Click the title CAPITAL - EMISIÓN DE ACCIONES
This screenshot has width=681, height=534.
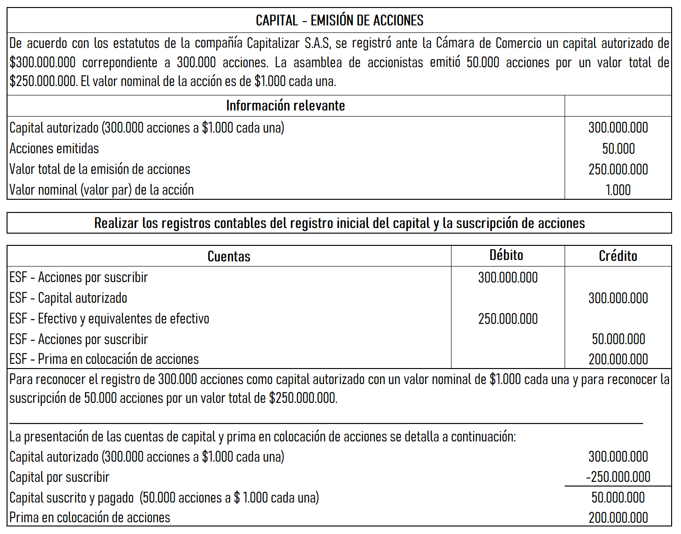[339, 20]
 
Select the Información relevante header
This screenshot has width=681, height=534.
[285, 106]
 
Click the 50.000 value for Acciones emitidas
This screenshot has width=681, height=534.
[618, 149]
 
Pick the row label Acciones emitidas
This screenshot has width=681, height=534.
[54, 149]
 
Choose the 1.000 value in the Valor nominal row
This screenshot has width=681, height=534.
[618, 190]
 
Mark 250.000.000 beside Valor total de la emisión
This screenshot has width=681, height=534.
[618, 169]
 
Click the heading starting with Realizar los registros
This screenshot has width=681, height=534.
[339, 223]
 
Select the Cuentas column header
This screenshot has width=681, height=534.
[229, 256]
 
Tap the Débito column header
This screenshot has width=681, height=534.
[506, 255]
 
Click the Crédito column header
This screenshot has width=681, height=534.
[618, 256]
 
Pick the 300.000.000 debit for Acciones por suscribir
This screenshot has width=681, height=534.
[508, 277]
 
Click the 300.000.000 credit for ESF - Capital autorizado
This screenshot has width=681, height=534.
[618, 298]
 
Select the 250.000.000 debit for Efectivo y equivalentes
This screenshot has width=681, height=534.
[508, 319]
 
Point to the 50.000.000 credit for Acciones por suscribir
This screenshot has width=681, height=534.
[618, 339]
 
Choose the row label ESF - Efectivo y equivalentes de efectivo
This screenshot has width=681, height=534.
[109, 319]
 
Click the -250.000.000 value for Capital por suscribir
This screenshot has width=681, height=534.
[618, 477]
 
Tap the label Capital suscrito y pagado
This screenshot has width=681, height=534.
[71, 497]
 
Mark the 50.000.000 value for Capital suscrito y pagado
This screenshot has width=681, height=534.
[618, 497]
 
